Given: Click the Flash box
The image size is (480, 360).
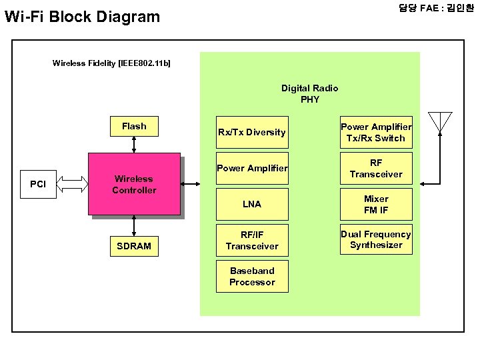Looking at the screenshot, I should (x=134, y=126).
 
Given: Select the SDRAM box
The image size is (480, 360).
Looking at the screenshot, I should (x=134, y=246).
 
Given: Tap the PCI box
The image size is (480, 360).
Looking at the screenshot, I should (x=38, y=184).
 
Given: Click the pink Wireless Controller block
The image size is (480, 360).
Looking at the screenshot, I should (x=134, y=185).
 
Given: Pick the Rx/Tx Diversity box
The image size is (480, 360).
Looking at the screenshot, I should (x=251, y=132).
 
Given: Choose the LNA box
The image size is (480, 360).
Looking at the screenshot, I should (x=251, y=204).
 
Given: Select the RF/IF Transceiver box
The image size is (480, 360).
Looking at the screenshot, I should (x=251, y=240).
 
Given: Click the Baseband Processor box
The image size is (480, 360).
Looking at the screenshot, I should (x=251, y=276).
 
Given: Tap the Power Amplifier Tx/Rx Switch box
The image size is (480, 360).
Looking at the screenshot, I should (x=376, y=132).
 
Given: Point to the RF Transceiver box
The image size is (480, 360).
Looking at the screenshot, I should (x=376, y=168).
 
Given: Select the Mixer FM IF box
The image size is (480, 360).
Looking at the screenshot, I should (x=376, y=204).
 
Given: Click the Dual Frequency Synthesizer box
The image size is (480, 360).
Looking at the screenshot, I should (x=376, y=240).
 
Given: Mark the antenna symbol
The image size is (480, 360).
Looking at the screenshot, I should (x=441, y=122).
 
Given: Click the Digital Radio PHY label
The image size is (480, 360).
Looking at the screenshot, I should (x=309, y=93).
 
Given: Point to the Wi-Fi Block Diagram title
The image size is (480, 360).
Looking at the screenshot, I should (x=82, y=17).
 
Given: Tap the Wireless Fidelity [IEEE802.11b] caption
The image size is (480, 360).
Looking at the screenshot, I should (x=111, y=63).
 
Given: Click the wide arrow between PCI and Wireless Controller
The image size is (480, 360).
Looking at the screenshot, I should (x=75, y=184).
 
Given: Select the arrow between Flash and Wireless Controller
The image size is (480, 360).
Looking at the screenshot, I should (x=134, y=144).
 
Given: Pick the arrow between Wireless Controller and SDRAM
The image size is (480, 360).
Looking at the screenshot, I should (x=134, y=225).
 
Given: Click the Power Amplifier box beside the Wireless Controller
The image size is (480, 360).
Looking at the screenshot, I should (x=251, y=168).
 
